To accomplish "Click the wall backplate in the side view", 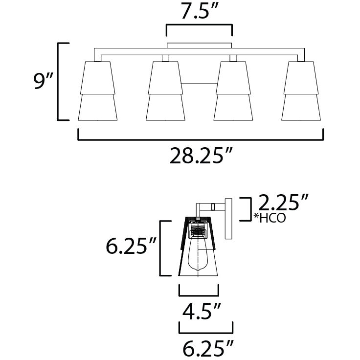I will pyautogui.click(x=228, y=218).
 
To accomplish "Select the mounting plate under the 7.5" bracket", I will pyautogui.click(x=200, y=46).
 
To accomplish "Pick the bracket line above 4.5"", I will pyautogui.click(x=199, y=295).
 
